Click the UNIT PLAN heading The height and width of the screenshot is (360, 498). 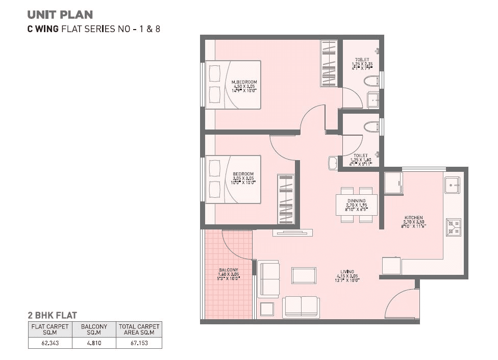point(60,15)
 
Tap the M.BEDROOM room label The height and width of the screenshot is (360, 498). point(244,82)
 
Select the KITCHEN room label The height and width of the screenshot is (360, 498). point(414,217)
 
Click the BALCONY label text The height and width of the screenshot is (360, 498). point(228,270)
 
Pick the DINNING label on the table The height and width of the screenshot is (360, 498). point(357,201)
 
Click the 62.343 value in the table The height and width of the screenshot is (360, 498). point(50,343)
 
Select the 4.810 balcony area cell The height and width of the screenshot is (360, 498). point(94,343)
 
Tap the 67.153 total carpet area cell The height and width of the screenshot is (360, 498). point(139,343)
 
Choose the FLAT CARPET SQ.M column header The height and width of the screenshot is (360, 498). point(50,329)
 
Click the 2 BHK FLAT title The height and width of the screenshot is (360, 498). point(52,316)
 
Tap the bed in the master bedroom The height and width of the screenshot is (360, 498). point(233,85)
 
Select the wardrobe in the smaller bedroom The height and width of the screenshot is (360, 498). point(286,199)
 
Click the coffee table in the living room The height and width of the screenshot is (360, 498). point(304,275)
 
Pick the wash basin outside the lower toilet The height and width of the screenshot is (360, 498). point(333,163)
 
